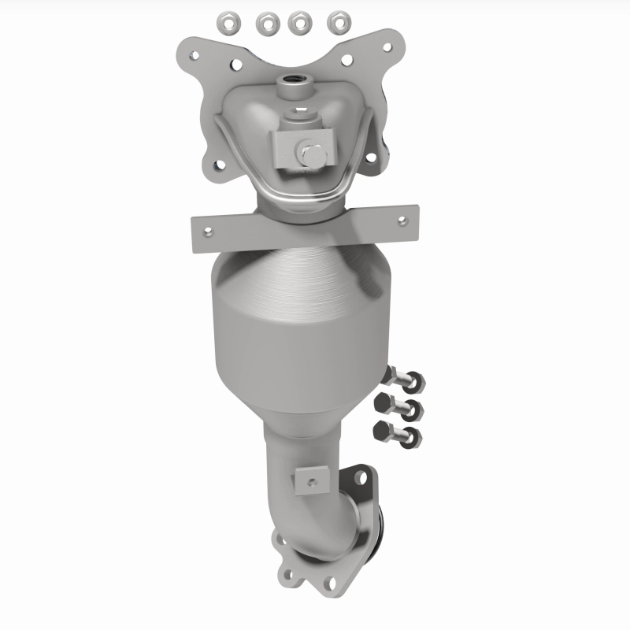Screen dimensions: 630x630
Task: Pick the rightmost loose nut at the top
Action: pos(339,24)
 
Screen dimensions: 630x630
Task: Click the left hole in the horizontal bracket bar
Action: pos(208,232)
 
